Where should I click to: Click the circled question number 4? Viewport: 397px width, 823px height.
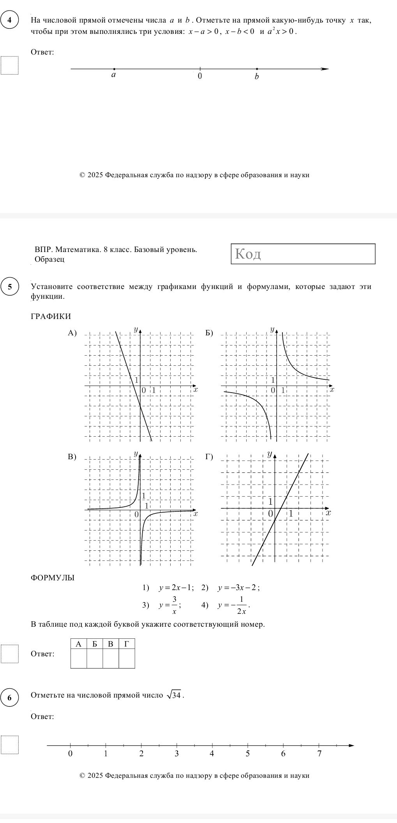9,20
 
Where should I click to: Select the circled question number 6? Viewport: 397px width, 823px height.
9,697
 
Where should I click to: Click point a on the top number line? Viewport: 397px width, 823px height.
114,69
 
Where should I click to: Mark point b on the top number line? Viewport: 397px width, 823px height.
257,69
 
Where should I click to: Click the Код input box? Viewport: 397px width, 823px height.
303,254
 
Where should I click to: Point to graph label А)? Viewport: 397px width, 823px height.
72,333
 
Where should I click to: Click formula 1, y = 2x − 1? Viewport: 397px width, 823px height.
174,588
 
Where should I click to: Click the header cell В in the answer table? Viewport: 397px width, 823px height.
111,644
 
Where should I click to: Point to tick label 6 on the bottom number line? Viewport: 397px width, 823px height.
283,754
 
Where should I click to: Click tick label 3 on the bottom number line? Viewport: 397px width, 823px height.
176,754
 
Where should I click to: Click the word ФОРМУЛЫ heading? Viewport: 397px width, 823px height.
53,578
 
